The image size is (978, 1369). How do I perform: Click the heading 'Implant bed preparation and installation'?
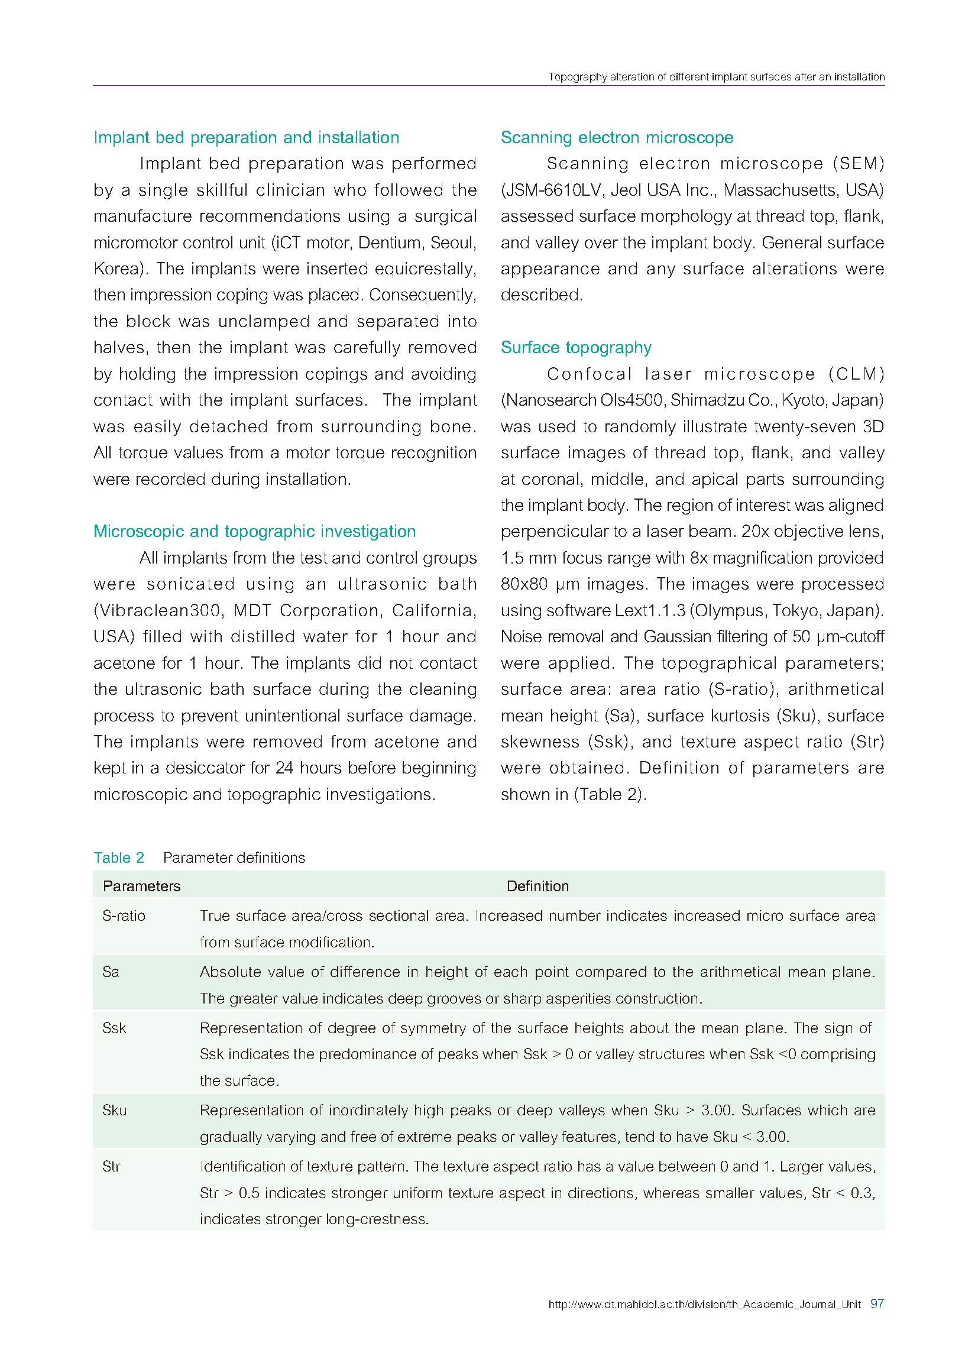tap(247, 137)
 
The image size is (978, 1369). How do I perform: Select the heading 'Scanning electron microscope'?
tap(617, 137)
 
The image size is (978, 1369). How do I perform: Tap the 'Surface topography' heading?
tap(576, 348)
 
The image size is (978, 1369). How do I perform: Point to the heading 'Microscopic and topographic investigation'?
tap(254, 531)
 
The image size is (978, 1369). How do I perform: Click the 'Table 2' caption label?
tap(119, 857)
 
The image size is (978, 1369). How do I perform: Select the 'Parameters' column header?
tap(141, 886)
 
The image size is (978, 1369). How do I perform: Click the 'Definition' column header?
tap(537, 886)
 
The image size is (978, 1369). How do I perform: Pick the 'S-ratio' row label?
tap(124, 915)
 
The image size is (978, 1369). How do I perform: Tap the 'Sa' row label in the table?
tap(111, 972)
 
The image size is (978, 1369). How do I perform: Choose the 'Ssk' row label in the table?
tap(114, 1028)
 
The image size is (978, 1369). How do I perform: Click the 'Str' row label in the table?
tap(111, 1166)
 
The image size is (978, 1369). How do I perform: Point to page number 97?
tap(877, 1303)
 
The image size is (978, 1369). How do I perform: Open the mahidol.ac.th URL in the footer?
tap(704, 1304)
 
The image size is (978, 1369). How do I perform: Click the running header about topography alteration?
tap(716, 77)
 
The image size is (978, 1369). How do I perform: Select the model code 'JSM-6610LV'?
tap(554, 190)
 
